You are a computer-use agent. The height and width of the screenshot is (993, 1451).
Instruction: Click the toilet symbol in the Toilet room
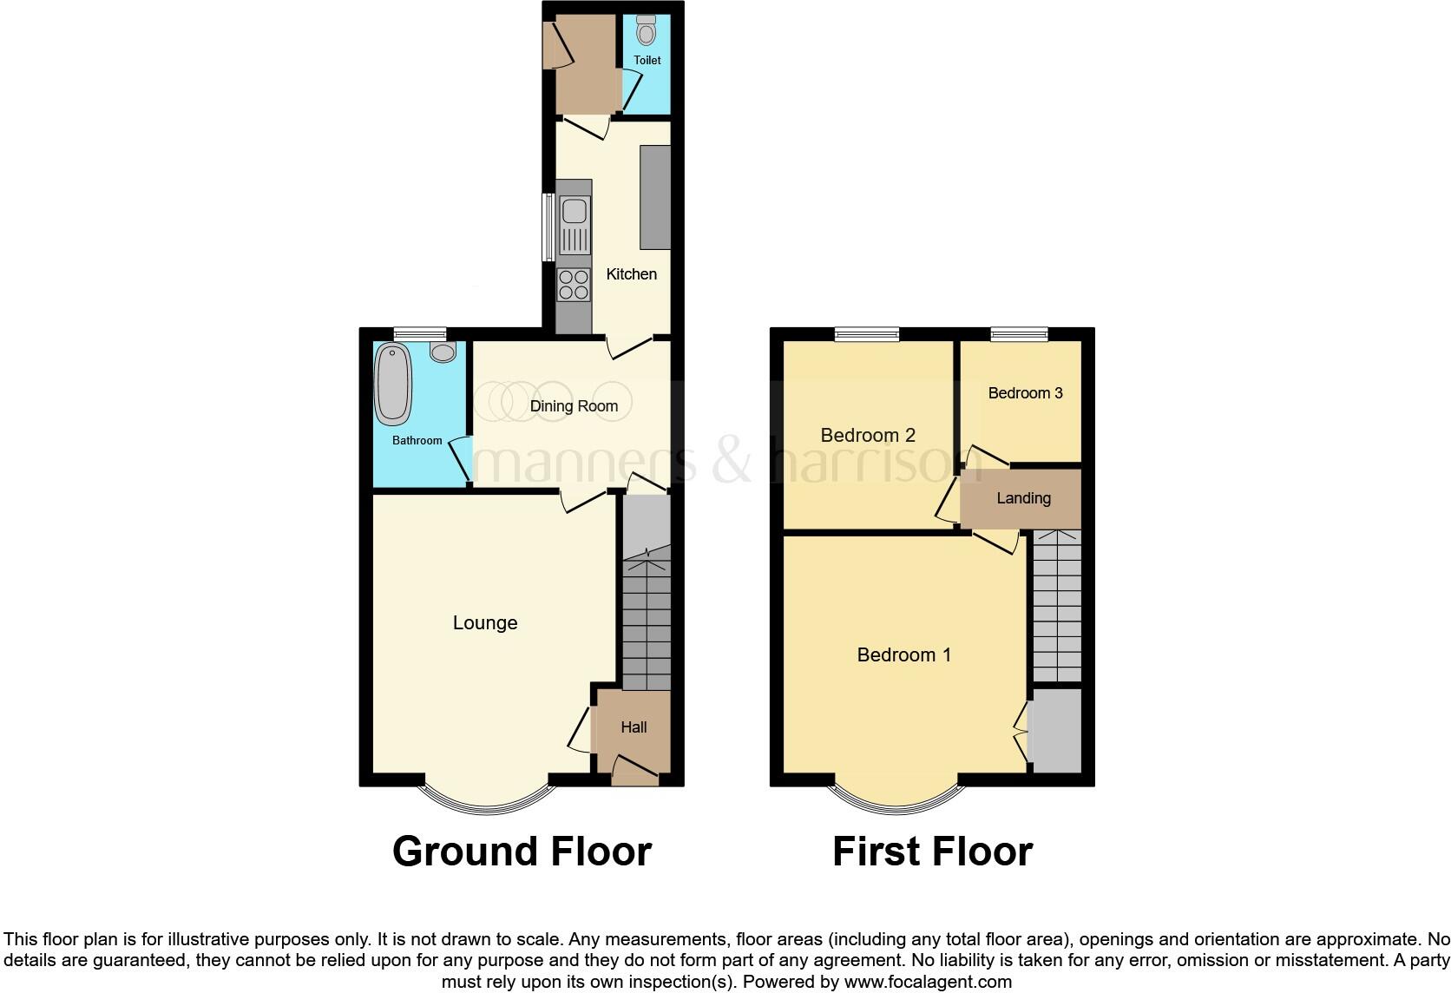point(646,31)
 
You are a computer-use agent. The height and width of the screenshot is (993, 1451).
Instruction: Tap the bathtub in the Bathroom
point(392,383)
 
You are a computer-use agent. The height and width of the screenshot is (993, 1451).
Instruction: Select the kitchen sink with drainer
point(574,225)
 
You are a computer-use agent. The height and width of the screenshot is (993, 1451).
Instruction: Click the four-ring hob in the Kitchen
point(573,285)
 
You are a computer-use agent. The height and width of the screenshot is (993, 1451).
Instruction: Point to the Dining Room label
point(574,405)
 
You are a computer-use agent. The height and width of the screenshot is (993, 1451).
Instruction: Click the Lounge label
point(485,622)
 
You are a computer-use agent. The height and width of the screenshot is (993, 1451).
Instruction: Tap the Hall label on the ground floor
point(634,727)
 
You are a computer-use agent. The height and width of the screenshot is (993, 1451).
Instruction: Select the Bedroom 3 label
point(1025,393)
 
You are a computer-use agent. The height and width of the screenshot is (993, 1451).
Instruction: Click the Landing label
point(1023,498)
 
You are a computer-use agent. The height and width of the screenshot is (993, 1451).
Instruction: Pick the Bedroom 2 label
point(868,435)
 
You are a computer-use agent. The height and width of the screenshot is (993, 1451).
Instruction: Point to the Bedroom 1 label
point(903,654)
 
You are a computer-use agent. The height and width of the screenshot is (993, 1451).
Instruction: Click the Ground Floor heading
point(522,852)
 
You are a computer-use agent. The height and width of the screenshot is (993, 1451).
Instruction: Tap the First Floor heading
point(932,852)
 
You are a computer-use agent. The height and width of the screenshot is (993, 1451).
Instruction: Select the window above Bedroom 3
point(1020,334)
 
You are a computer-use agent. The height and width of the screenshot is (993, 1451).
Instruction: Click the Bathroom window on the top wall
point(419,334)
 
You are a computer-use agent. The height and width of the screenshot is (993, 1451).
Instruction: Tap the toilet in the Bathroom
point(443,352)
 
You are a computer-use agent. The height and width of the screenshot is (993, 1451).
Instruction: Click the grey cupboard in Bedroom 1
point(1055,730)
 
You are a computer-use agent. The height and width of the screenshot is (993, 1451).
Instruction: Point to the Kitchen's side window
point(548,227)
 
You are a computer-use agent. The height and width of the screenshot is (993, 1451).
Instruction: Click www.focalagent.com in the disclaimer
point(928,982)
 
